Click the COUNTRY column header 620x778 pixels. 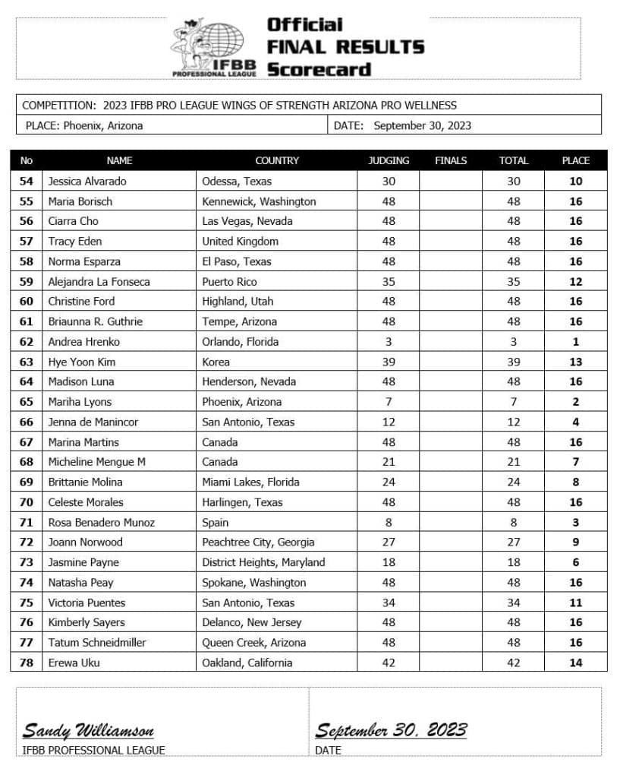click(x=276, y=160)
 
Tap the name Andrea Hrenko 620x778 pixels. click(x=83, y=342)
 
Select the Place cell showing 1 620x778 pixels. click(x=575, y=342)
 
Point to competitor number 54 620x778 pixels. click(x=27, y=181)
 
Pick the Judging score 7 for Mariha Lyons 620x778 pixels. click(x=388, y=402)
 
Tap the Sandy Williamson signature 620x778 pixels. click(x=88, y=731)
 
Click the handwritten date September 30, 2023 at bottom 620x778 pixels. click(x=391, y=731)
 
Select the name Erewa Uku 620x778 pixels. click(x=74, y=663)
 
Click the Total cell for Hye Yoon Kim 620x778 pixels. click(x=513, y=362)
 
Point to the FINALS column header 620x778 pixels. click(x=451, y=160)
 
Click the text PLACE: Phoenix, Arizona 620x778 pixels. click(x=83, y=125)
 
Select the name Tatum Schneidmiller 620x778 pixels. click(x=96, y=642)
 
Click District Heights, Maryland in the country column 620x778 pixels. click(x=263, y=562)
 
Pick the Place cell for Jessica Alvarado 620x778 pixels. click(x=575, y=181)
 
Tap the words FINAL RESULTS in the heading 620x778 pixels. click(x=345, y=46)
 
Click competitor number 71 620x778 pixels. click(x=27, y=522)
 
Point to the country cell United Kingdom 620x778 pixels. click(x=240, y=241)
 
